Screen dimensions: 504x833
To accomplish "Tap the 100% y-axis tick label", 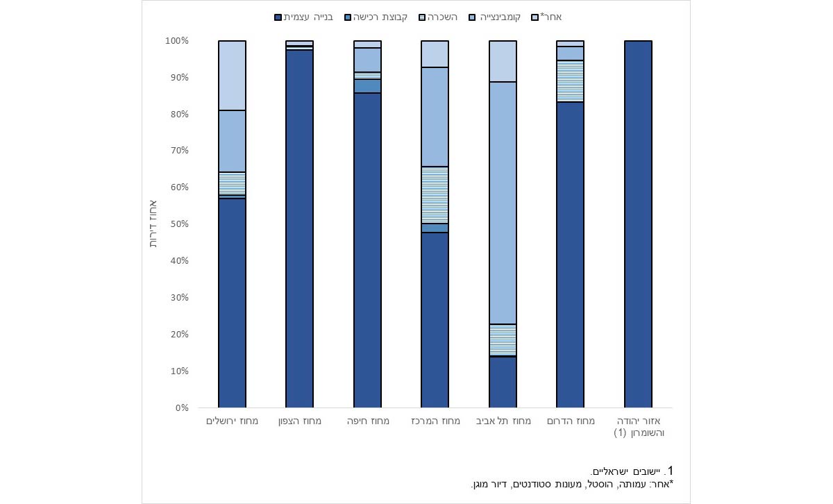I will [x=176, y=41].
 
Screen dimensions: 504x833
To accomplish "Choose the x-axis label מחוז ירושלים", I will [x=232, y=421].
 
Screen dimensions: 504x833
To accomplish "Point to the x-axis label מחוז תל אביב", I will [x=503, y=421].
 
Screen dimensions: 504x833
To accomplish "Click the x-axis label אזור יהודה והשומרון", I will [x=639, y=427].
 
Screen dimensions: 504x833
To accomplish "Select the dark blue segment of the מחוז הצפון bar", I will [x=300, y=229].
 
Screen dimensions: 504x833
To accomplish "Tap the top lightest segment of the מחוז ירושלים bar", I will [x=232, y=75].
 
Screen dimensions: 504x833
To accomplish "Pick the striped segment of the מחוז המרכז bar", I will [x=435, y=195].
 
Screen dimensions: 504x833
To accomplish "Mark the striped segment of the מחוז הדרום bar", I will [x=571, y=81].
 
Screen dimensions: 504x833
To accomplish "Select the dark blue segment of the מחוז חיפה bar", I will [x=367, y=250].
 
